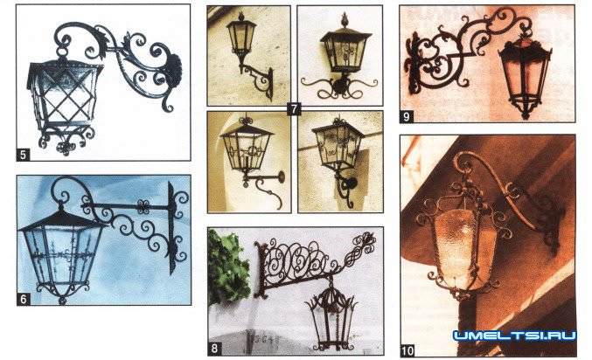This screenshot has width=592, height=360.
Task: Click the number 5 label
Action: pyautogui.click(x=23, y=155)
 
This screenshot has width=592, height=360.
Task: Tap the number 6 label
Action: pyautogui.click(x=24, y=299)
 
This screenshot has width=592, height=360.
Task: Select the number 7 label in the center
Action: pyautogui.click(x=293, y=109)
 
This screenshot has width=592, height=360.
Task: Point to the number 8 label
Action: pyautogui.click(x=214, y=349)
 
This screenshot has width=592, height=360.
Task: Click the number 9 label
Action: pyautogui.click(x=407, y=116)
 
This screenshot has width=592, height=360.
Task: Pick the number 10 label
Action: pyautogui.click(x=407, y=351)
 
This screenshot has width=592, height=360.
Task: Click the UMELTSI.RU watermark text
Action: pyautogui.click(x=515, y=336)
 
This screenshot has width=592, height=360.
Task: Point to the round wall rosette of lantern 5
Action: pyautogui.click(x=174, y=72)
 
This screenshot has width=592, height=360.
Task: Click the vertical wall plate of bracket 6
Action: pyautogui.click(x=171, y=226)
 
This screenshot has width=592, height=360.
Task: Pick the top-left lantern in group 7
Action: pyautogui.click(x=240, y=38)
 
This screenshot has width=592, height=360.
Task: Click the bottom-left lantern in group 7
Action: pyautogui.click(x=247, y=149)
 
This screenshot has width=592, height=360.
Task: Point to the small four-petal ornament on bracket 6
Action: pyautogui.click(x=143, y=207)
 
